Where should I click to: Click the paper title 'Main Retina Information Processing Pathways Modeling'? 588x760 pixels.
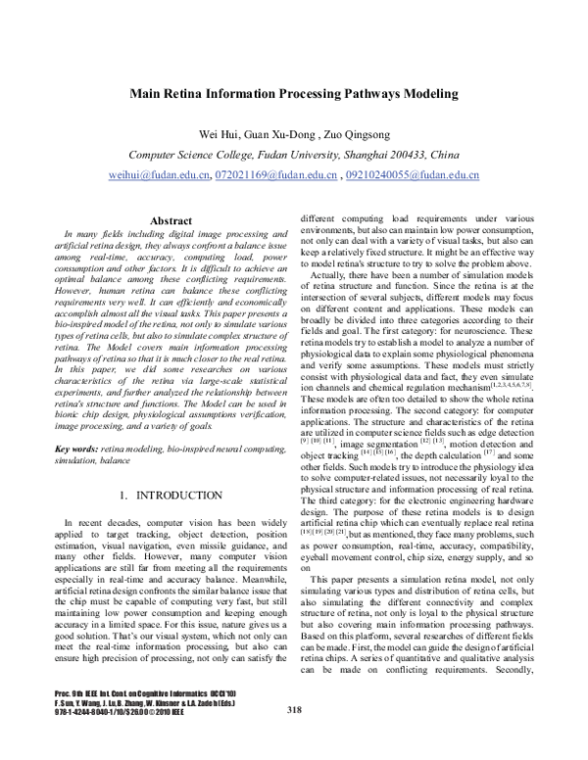pyautogui.click(x=294, y=95)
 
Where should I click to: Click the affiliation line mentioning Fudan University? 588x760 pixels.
pyautogui.click(x=294, y=155)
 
